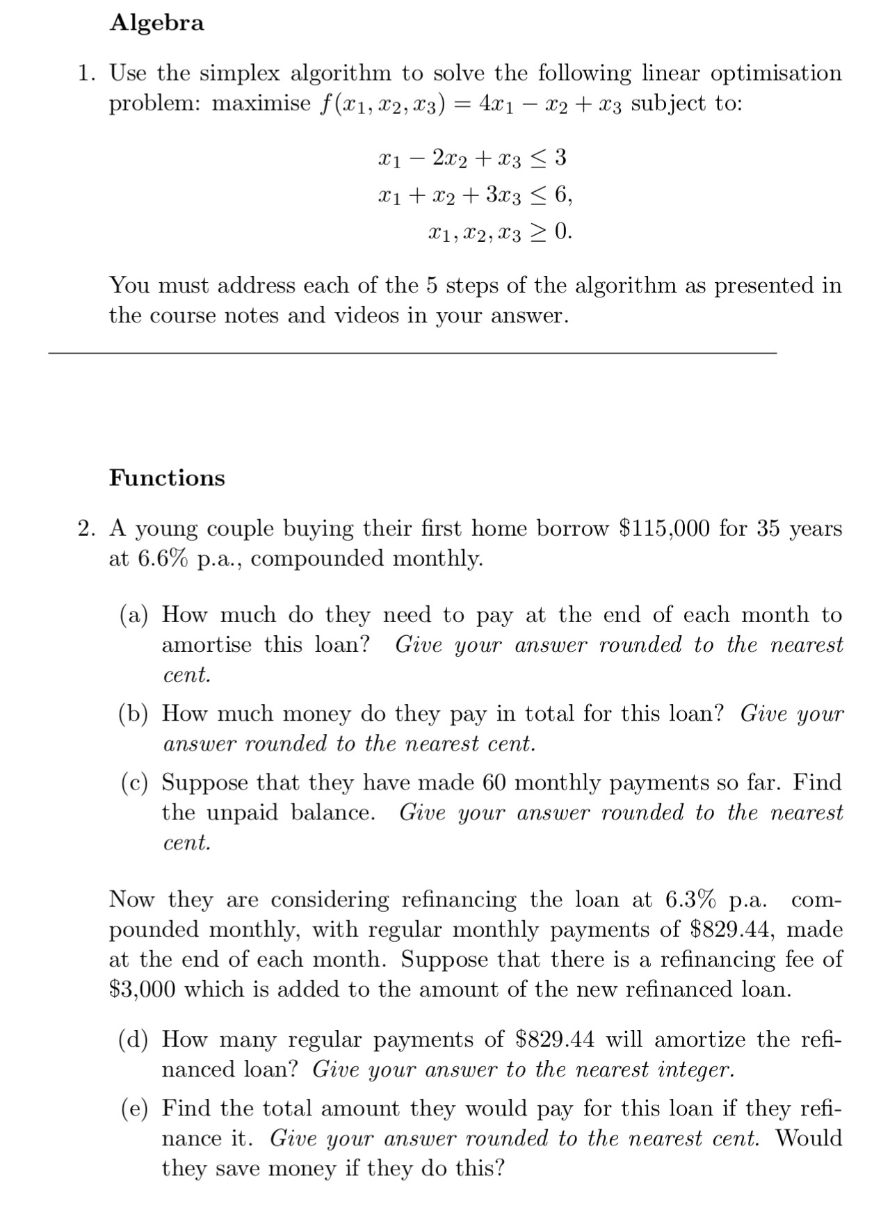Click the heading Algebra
click(156, 23)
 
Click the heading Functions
click(167, 478)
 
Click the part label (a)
click(133, 616)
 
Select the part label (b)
click(133, 714)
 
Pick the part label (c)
click(133, 783)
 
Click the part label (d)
click(133, 1040)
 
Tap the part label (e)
click(133, 1109)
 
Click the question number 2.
click(86, 529)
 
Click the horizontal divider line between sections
click(412, 354)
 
